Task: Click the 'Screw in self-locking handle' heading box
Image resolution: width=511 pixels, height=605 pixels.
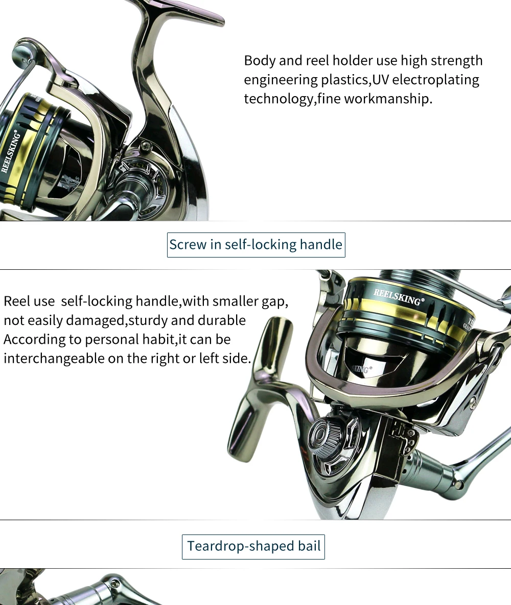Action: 256,245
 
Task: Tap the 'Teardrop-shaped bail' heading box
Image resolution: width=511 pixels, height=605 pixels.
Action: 253,546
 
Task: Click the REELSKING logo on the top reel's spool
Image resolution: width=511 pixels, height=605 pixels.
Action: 10,151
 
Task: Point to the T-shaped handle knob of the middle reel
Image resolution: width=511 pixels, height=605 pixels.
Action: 260,388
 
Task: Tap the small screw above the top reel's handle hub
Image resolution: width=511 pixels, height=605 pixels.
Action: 146,146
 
